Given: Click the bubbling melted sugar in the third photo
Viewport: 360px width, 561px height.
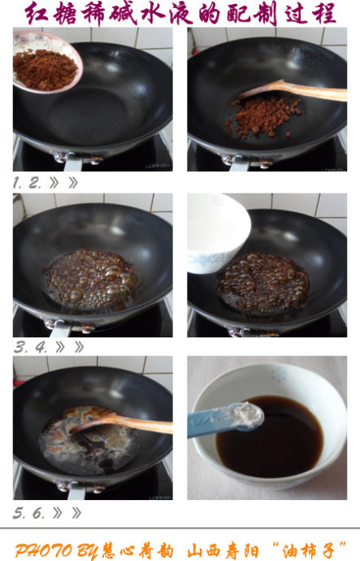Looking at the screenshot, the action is pos(91,279).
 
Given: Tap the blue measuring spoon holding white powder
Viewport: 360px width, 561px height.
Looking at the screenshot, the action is pos(225,420).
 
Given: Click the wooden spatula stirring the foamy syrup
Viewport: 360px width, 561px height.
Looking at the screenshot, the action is pos(122,423).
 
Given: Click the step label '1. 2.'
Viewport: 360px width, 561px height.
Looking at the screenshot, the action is pos(27,183).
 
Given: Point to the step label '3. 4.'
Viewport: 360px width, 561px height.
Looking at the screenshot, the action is pos(31,346).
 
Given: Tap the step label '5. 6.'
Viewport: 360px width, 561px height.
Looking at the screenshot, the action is pos(29,513).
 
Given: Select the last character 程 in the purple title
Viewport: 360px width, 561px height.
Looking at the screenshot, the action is pos(324,13).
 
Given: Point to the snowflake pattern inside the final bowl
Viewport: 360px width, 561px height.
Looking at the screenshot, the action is pos(279,375).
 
